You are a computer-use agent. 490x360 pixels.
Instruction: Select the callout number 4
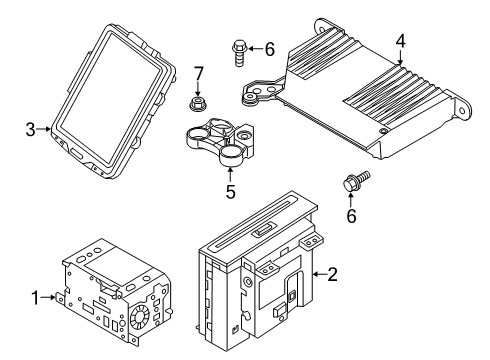[x=400, y=42]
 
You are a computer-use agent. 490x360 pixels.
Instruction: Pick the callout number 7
[x=199, y=72]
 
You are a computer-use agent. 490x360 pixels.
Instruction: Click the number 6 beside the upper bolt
[x=267, y=48]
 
